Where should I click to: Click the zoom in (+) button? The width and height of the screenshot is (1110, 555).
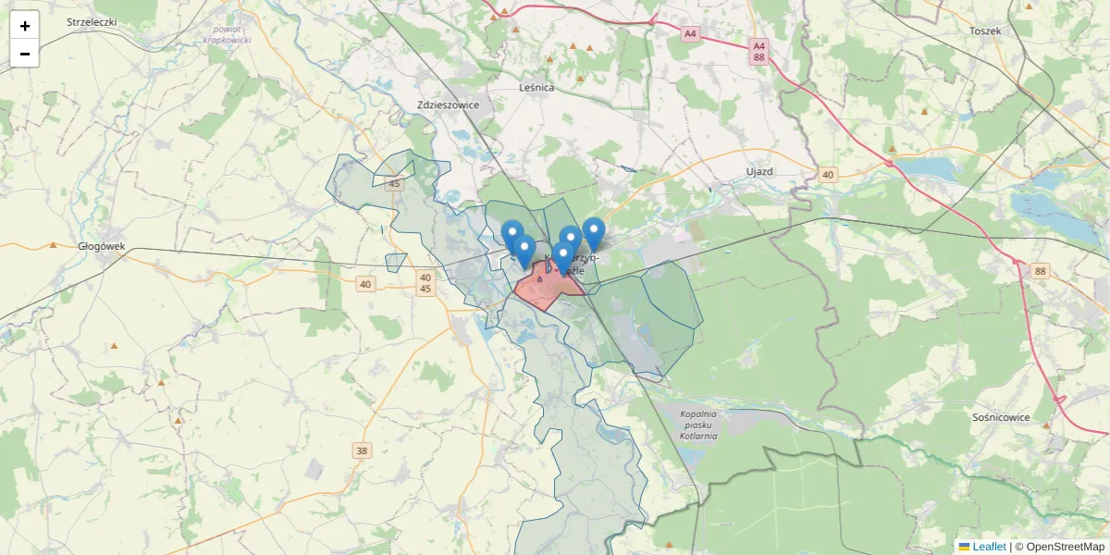coord(25,26)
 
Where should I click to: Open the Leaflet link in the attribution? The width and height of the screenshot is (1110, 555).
coord(989,547)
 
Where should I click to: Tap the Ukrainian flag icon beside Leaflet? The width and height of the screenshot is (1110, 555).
coord(964,547)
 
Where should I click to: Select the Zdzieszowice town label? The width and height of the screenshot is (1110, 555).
coord(448,105)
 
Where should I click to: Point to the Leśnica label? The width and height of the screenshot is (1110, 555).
coord(536,88)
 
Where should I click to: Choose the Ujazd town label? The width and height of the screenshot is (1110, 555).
coord(758,172)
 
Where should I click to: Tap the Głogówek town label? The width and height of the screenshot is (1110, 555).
coord(102,247)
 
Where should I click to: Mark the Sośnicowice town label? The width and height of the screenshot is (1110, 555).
coord(1001,417)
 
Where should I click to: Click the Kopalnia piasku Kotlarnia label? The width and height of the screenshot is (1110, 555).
coord(698,425)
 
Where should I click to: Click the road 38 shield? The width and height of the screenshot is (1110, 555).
coord(362,451)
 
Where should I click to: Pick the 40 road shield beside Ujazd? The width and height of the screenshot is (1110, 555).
coord(827,174)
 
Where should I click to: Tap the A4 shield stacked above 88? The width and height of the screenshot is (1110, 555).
coord(758,44)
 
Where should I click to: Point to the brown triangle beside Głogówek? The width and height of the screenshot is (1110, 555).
coord(54,245)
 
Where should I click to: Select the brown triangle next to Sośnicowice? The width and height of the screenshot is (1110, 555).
coord(1046,425)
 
